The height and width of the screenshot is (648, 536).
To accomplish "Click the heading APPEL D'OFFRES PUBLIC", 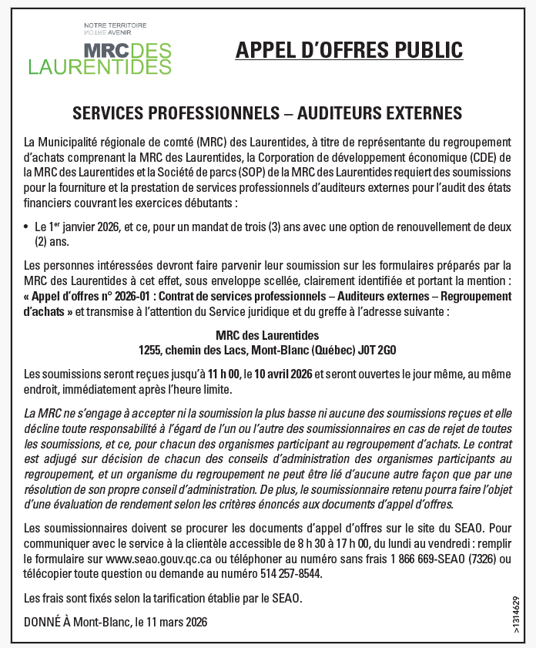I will click(349, 50).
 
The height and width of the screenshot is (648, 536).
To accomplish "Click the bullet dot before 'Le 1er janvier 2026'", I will click(27, 228).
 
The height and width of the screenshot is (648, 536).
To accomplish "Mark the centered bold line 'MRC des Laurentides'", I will click(267, 335).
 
